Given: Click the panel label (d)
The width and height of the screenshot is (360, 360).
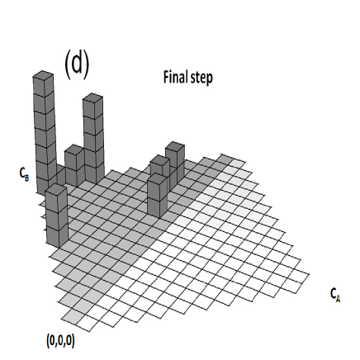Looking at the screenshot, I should pyautogui.click(x=76, y=63).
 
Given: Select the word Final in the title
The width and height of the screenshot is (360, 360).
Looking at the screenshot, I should pyautogui.click(x=175, y=78).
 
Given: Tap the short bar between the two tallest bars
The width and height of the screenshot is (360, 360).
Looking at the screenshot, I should pyautogui.click(x=73, y=165).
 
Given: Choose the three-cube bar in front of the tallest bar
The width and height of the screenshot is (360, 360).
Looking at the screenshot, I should pyautogui.click(x=56, y=215).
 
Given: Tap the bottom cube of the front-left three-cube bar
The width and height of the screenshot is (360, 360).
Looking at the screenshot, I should pyautogui.click(x=56, y=234).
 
